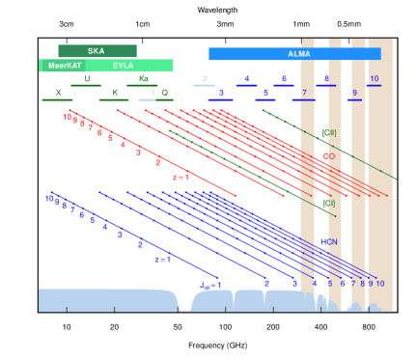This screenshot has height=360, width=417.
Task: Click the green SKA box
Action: [x=97, y=51]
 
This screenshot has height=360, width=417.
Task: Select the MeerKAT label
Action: [x=65, y=66]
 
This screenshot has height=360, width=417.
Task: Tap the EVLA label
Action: [x=124, y=66]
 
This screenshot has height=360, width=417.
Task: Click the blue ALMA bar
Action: [x=293, y=54]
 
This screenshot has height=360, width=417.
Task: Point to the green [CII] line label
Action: [x=328, y=132]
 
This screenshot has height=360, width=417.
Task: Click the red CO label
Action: [x=329, y=156]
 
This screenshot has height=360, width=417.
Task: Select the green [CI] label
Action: [x=328, y=204]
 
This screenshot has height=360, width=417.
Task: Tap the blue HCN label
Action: [x=328, y=242]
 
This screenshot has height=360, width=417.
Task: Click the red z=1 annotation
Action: [x=181, y=178]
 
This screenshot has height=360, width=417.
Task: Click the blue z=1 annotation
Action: [x=162, y=260]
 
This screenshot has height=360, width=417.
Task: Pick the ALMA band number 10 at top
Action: [x=375, y=79]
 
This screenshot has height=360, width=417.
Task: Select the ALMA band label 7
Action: [x=304, y=94]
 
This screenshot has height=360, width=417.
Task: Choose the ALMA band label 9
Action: [x=354, y=94]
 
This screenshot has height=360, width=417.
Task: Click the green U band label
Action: [x=87, y=79]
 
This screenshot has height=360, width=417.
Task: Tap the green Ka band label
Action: [x=143, y=79]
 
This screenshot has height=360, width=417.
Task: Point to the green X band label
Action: [x=58, y=94]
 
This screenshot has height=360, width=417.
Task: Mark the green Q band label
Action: [x=164, y=94]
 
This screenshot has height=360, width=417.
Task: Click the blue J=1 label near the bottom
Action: [x=211, y=285]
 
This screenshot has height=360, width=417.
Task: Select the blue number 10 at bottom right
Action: [x=379, y=284]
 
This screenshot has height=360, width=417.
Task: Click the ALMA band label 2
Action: [x=205, y=79]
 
